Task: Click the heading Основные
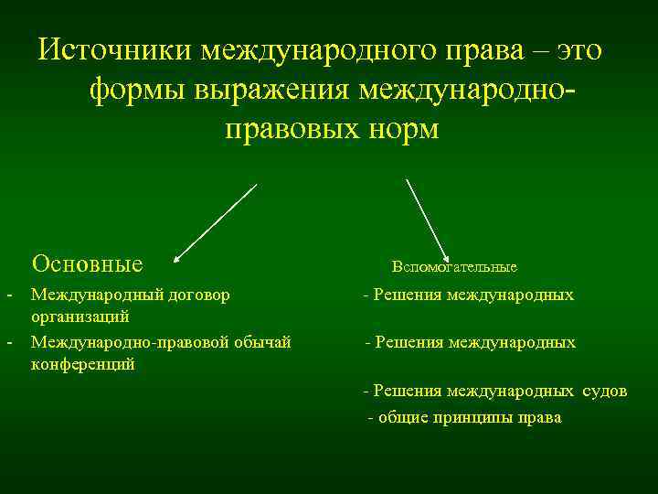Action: pyautogui.click(x=87, y=264)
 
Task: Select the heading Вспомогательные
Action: pyautogui.click(x=454, y=267)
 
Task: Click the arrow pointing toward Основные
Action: pyautogui.click(x=216, y=222)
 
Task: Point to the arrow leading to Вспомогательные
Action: pyautogui.click(x=426, y=219)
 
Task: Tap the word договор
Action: pyautogui.click(x=200, y=295)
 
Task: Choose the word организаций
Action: pyautogui.click(x=80, y=317)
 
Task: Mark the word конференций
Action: pyautogui.click(x=83, y=364)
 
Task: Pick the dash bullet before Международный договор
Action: pyautogui.click(x=9, y=295)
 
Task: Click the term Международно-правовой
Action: pyautogui.click(x=127, y=342)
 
